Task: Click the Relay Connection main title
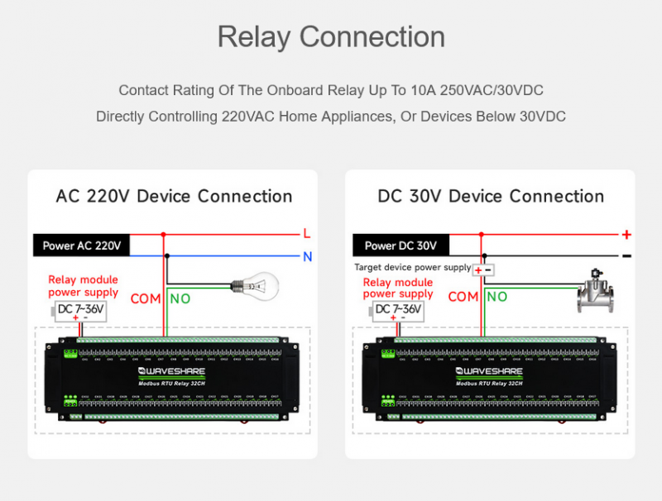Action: [331, 37]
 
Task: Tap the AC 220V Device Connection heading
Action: [174, 196]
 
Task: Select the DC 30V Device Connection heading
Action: [491, 196]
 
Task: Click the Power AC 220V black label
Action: [82, 245]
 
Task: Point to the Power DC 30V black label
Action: [401, 245]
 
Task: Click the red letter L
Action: [306, 234]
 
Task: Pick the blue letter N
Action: [307, 256]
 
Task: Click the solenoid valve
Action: [598, 291]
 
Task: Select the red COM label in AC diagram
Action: [146, 298]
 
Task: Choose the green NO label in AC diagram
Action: [180, 298]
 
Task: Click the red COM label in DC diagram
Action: [463, 297]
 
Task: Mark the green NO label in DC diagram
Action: [496, 297]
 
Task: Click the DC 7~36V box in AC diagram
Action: [80, 310]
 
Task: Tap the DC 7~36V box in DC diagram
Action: [398, 310]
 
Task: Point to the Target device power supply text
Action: [412, 267]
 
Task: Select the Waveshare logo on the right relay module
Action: [489, 372]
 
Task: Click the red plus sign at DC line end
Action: [626, 234]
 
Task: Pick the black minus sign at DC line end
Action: [626, 256]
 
